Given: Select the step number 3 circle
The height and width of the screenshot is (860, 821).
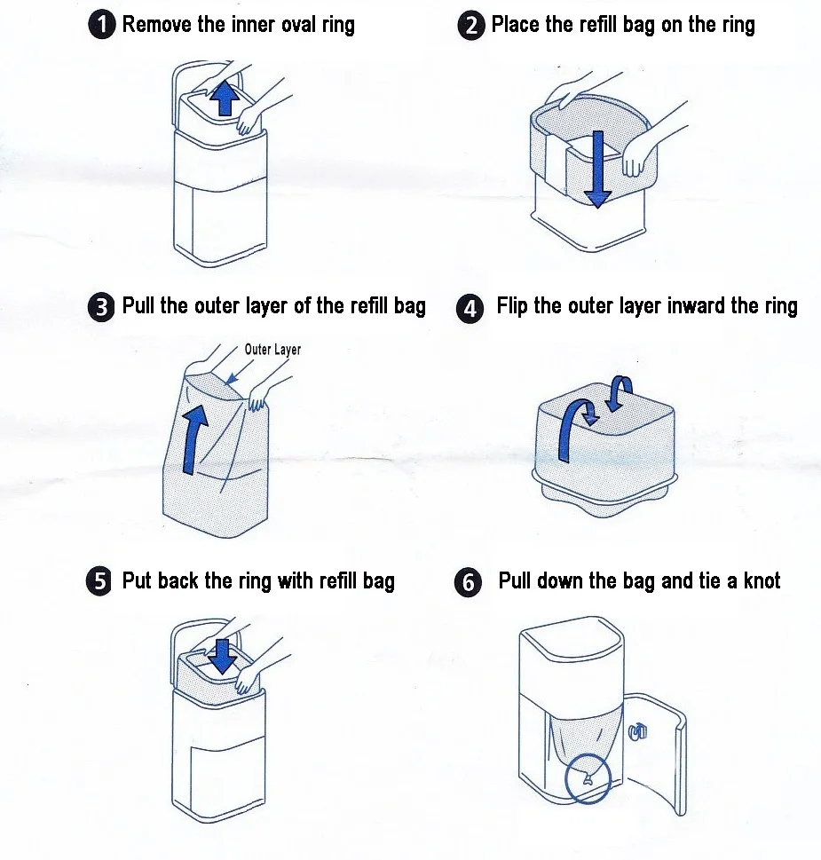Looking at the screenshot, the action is tap(102, 308).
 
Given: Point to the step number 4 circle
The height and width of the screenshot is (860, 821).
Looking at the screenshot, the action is tap(470, 309).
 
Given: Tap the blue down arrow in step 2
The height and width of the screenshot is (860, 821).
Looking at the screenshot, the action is tap(598, 169).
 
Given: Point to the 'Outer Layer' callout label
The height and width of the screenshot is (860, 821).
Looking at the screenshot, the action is tap(272, 350).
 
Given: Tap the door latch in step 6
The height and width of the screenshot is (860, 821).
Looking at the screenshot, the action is tap(636, 730).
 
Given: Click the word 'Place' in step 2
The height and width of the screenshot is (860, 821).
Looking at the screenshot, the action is tap(516, 25).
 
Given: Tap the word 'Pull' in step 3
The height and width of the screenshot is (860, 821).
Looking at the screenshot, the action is tap(138, 306).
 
